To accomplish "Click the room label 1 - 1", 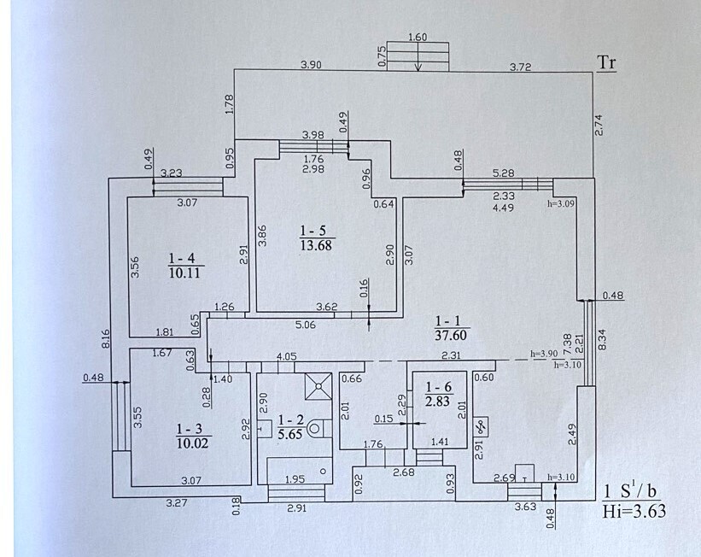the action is point(451,320).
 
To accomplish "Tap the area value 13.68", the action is point(316,245).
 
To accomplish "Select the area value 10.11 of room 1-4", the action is point(186,273).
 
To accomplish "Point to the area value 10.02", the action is point(193,443).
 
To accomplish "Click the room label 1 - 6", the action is point(439,387).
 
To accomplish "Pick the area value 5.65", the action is point(290,433).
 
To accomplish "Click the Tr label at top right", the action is point(607,62).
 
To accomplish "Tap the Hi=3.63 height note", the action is point(634,511).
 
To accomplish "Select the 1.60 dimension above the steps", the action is point(418,37).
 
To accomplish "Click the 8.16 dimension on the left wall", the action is point(106,338).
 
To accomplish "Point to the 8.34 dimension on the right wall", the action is point(602,339).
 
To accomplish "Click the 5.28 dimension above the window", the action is point(504,173).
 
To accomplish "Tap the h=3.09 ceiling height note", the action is point(561,202).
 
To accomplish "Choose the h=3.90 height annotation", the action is point(544,353).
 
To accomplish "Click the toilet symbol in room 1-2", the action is point(315,428).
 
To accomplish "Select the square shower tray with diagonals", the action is point(318,386).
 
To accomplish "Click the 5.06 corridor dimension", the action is point(306,325).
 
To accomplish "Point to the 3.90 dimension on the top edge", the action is point(311,65).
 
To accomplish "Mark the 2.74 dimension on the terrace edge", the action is point(599,126).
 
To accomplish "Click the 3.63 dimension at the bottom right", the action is point(525,507).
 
